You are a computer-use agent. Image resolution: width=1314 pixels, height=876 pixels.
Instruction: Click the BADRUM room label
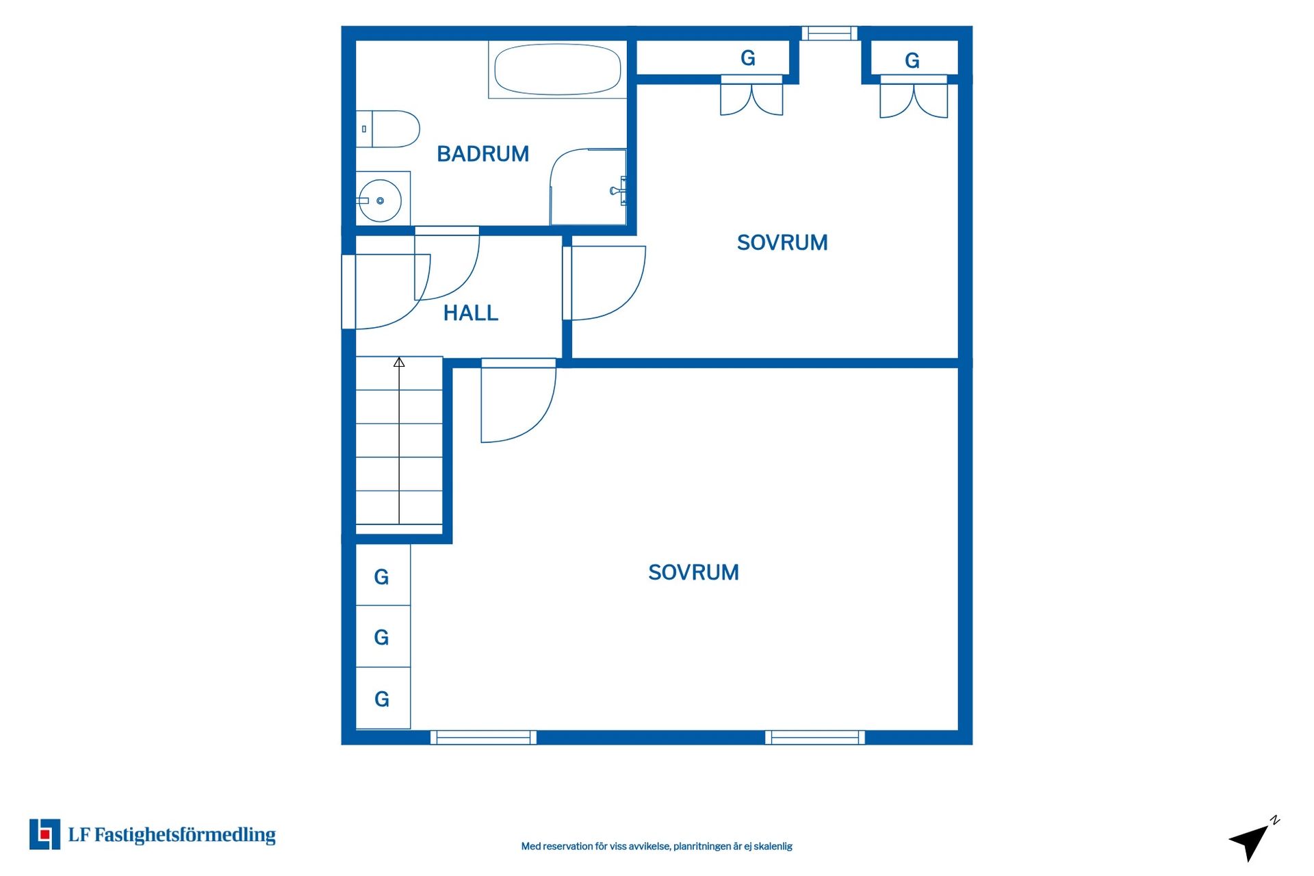(482, 154)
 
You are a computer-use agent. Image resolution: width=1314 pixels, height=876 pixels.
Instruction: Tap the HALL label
(471, 313)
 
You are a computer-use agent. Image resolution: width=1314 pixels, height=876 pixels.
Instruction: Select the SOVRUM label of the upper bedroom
(782, 242)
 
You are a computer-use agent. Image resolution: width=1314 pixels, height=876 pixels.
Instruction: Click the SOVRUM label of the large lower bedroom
(693, 572)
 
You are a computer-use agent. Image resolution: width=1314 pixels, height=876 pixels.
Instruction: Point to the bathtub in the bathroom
(557, 69)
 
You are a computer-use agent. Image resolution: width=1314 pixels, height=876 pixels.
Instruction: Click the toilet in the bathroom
(387, 129)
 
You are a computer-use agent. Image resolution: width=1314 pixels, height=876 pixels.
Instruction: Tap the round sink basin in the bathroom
(380, 201)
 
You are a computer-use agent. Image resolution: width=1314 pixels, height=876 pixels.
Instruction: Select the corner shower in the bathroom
(589, 187)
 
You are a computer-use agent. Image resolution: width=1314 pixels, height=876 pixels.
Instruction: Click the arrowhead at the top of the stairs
(399, 362)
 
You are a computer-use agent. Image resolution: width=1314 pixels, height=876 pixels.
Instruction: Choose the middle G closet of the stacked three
(383, 636)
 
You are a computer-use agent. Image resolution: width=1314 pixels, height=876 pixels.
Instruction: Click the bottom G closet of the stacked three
(383, 698)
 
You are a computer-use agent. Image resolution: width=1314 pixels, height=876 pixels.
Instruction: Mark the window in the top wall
(829, 33)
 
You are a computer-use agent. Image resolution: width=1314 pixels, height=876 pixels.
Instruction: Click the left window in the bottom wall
(483, 737)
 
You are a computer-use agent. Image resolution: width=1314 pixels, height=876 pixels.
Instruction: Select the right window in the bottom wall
(815, 737)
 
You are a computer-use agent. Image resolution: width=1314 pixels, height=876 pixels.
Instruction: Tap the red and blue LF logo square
(44, 834)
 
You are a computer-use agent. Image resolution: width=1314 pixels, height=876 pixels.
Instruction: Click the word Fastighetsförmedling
(185, 835)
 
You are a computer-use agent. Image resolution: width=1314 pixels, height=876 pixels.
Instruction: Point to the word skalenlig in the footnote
(773, 847)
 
